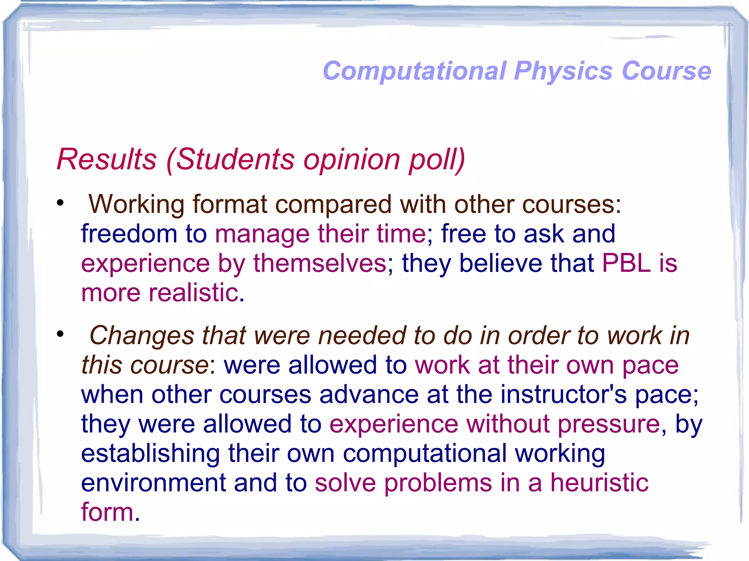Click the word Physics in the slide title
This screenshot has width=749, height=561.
[563, 71]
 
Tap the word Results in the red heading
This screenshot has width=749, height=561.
[107, 159]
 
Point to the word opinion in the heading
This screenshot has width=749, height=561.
[351, 160]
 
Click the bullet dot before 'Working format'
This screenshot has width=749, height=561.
[60, 202]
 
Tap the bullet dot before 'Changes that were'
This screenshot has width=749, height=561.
[60, 334]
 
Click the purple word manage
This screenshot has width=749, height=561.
[262, 235]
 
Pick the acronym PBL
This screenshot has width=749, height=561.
[626, 263]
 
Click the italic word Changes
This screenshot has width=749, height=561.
[142, 336]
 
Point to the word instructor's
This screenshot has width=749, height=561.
[564, 395]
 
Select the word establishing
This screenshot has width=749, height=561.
[150, 454]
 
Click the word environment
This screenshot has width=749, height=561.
[153, 483]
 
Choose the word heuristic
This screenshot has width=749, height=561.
[599, 483]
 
